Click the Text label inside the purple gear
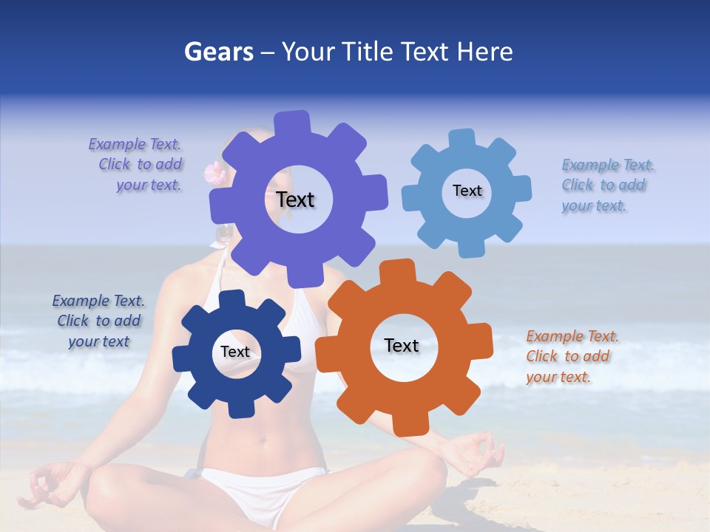point(295,199)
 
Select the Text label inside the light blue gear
point(467,191)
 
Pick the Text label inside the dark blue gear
point(235,352)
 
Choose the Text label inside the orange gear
point(402,345)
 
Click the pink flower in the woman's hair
point(215,172)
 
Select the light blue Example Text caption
point(606,185)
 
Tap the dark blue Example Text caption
point(98,321)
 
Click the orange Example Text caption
point(571,356)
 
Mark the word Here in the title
point(485,52)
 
